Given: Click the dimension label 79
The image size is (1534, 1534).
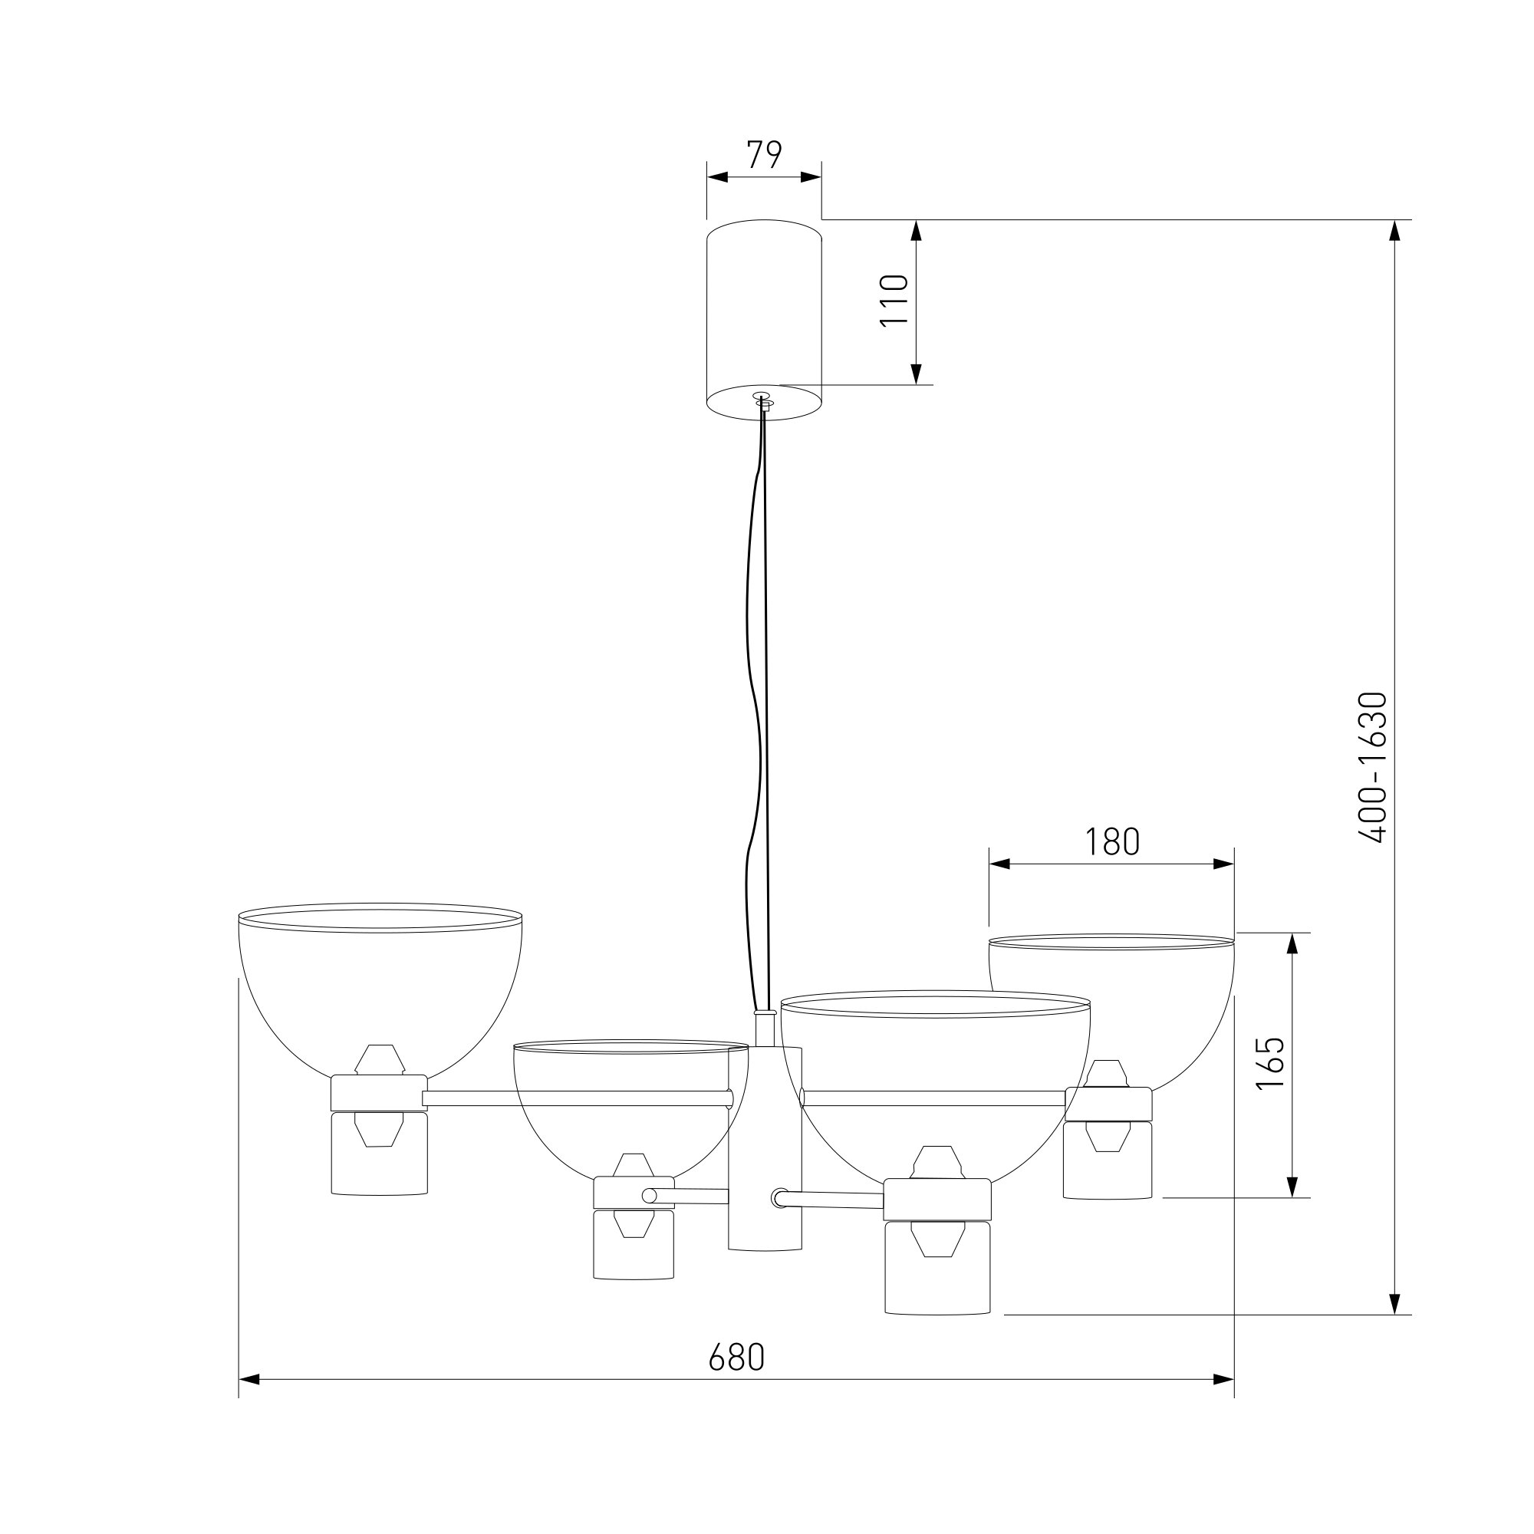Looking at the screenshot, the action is (x=765, y=154).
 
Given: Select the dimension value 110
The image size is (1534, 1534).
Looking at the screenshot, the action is (x=894, y=299).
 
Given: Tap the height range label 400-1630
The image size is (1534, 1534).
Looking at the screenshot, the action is (x=1372, y=767).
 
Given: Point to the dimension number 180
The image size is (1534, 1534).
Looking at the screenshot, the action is (x=1111, y=841).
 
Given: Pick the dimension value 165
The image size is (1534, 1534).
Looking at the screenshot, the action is (x=1270, y=1063).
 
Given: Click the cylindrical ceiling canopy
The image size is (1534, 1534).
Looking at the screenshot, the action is (x=764, y=320).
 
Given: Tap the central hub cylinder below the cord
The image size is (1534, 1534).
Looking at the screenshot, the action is (x=765, y=1160).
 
